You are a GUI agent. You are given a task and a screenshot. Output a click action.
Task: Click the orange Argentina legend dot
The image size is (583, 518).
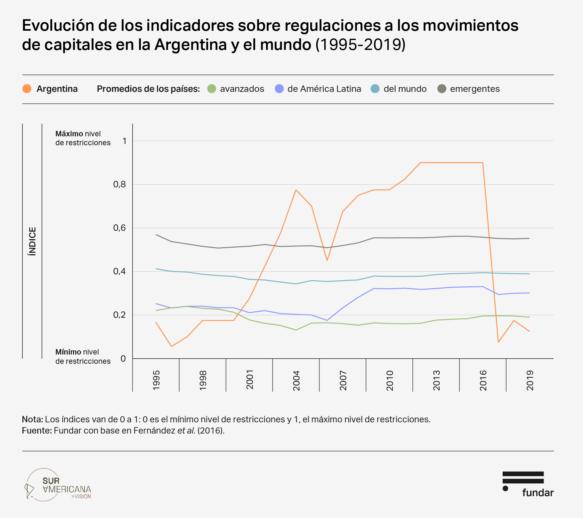[x=27, y=89]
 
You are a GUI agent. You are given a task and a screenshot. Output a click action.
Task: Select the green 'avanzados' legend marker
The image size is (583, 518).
[x=212, y=89]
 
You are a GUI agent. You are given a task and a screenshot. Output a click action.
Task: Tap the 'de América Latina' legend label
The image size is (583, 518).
[x=324, y=89]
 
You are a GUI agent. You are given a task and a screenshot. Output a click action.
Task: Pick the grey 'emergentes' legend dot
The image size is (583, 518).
[x=442, y=89]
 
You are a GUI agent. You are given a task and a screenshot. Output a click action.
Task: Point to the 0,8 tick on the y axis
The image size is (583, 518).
[x=119, y=185]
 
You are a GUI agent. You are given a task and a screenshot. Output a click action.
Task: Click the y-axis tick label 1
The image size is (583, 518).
[x=124, y=141]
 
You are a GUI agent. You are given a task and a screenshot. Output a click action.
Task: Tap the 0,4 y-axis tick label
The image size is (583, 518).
[x=119, y=272]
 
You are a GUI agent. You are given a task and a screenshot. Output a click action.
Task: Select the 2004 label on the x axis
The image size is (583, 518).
[x=296, y=380]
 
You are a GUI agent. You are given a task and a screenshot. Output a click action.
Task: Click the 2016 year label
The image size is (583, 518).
[x=483, y=380]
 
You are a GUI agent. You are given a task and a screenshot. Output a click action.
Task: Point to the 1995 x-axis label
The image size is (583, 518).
[x=156, y=380]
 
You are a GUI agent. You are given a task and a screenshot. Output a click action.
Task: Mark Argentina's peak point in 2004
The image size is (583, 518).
[x=296, y=190]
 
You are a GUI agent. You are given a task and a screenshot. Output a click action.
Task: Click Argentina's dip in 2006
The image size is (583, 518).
[x=327, y=260]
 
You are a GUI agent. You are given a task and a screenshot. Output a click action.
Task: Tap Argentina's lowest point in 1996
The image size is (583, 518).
[x=172, y=346]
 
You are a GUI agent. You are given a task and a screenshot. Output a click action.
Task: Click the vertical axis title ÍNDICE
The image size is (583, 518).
[x=32, y=241]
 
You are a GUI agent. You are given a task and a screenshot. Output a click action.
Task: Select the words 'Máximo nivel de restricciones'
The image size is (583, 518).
[x=83, y=138]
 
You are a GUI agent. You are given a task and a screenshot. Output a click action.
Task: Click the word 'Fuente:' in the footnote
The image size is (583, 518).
[x=36, y=430]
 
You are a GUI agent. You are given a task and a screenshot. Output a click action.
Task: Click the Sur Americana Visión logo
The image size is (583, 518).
[x=58, y=485]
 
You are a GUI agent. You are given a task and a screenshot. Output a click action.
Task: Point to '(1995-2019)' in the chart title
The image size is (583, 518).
[x=360, y=44]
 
